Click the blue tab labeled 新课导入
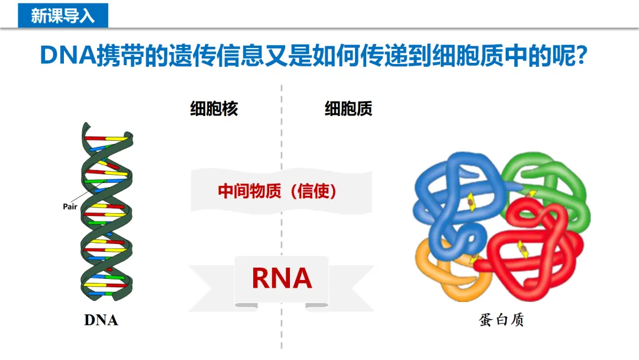point(63,15)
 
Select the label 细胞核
point(214,109)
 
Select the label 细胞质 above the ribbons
point(348,109)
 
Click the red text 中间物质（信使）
point(277,191)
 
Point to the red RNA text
point(282,278)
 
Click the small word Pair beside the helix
point(71,207)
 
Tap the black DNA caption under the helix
point(101,320)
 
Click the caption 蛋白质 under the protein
point(502,320)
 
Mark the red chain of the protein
point(532,249)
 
